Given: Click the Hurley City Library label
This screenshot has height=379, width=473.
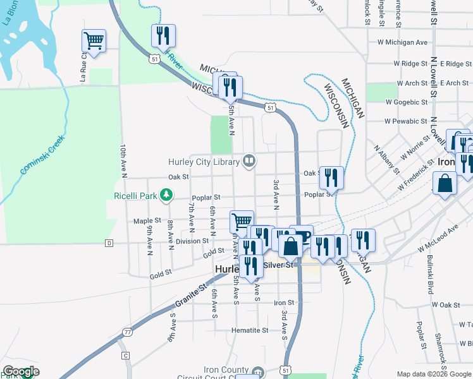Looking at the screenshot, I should (204, 162).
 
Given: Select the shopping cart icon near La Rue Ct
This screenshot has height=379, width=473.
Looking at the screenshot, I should (94, 42).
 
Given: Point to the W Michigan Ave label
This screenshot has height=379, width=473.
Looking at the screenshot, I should (402, 42).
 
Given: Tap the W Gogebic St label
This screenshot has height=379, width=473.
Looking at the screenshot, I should (406, 102).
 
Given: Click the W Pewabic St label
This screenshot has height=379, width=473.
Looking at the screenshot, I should (406, 121).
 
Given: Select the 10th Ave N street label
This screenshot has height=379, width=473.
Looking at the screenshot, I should (124, 159).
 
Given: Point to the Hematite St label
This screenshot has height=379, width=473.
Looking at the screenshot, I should (250, 330).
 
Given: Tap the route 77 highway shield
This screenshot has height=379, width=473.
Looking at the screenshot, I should (128, 332).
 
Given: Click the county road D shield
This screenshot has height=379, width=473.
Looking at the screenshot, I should (109, 243).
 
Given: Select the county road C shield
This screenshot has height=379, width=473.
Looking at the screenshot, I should (126, 356).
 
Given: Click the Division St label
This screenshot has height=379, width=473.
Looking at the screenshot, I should (192, 241).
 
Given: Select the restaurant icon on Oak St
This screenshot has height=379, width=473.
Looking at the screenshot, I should (331, 177).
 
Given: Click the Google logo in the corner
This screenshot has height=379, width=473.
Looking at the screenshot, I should (21, 371).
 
